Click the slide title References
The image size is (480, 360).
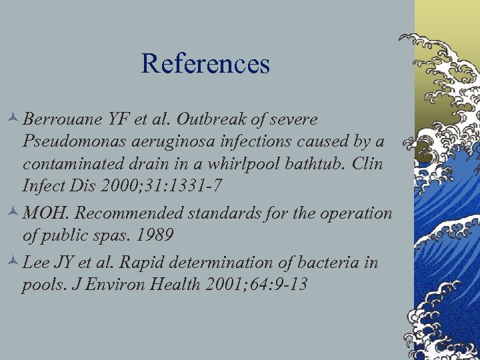point(205,63)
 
